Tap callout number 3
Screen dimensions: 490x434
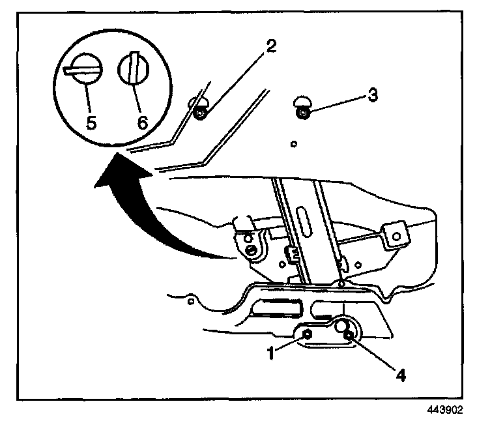pyautogui.click(x=372, y=94)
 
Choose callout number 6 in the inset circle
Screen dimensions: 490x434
pyautogui.click(x=141, y=122)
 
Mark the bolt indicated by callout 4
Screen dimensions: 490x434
pyautogui.click(x=349, y=335)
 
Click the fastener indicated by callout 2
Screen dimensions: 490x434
pyautogui.click(x=201, y=113)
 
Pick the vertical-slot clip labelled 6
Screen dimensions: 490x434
pyautogui.click(x=135, y=68)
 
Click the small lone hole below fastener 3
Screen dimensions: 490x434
pyautogui.click(x=295, y=143)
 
